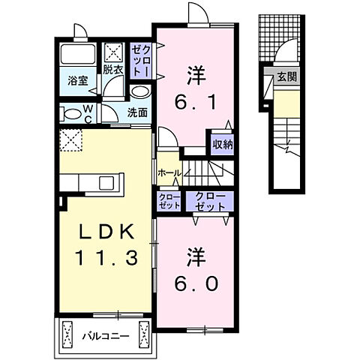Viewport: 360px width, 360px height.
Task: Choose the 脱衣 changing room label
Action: tap(114, 70)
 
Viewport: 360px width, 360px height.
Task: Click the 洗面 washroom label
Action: tap(137, 114)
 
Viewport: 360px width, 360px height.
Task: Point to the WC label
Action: tap(88, 115)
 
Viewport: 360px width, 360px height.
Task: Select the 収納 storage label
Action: tap(220, 143)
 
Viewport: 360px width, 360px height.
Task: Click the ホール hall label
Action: tap(168, 172)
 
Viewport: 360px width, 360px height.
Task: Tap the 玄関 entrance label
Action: tap(286, 76)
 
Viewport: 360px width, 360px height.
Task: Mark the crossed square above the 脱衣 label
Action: tap(115, 52)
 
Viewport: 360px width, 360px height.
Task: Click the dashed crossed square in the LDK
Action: tap(72, 139)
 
